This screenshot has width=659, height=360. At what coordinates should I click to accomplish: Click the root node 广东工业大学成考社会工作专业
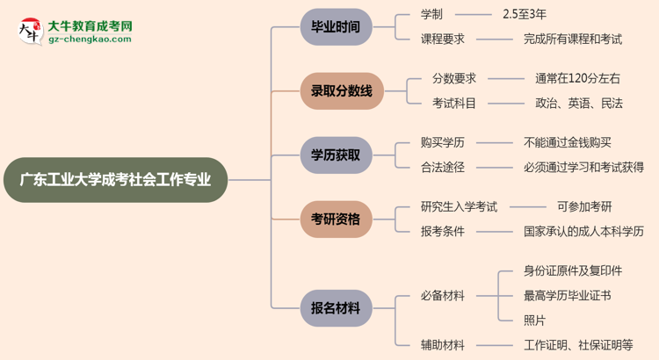(x=121, y=180)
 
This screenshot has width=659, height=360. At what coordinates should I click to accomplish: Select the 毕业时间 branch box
(x=335, y=27)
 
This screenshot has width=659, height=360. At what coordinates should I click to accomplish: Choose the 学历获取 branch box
(x=335, y=155)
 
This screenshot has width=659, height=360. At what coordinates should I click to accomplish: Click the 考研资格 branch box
(x=335, y=220)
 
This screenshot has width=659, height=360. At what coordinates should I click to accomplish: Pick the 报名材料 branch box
(x=335, y=308)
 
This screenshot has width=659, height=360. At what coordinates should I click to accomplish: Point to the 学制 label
(x=433, y=15)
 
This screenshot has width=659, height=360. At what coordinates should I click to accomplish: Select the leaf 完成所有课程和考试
(x=572, y=39)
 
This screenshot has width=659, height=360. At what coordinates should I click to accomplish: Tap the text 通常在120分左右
(x=577, y=79)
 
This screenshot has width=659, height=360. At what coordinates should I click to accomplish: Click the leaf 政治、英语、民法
(x=579, y=103)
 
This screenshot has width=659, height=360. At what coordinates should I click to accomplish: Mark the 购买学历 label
(x=443, y=143)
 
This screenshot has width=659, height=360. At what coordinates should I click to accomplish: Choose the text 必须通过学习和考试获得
(x=583, y=167)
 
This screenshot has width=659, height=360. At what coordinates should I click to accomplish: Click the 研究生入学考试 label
(x=459, y=207)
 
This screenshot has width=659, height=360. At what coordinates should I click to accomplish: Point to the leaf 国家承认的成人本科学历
(x=583, y=232)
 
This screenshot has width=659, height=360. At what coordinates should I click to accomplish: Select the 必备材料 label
(x=443, y=296)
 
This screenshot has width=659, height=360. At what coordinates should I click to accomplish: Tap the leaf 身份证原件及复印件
(x=572, y=270)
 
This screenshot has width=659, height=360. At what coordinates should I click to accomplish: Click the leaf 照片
(x=534, y=319)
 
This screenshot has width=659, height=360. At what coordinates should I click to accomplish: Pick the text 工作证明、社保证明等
(x=578, y=345)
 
